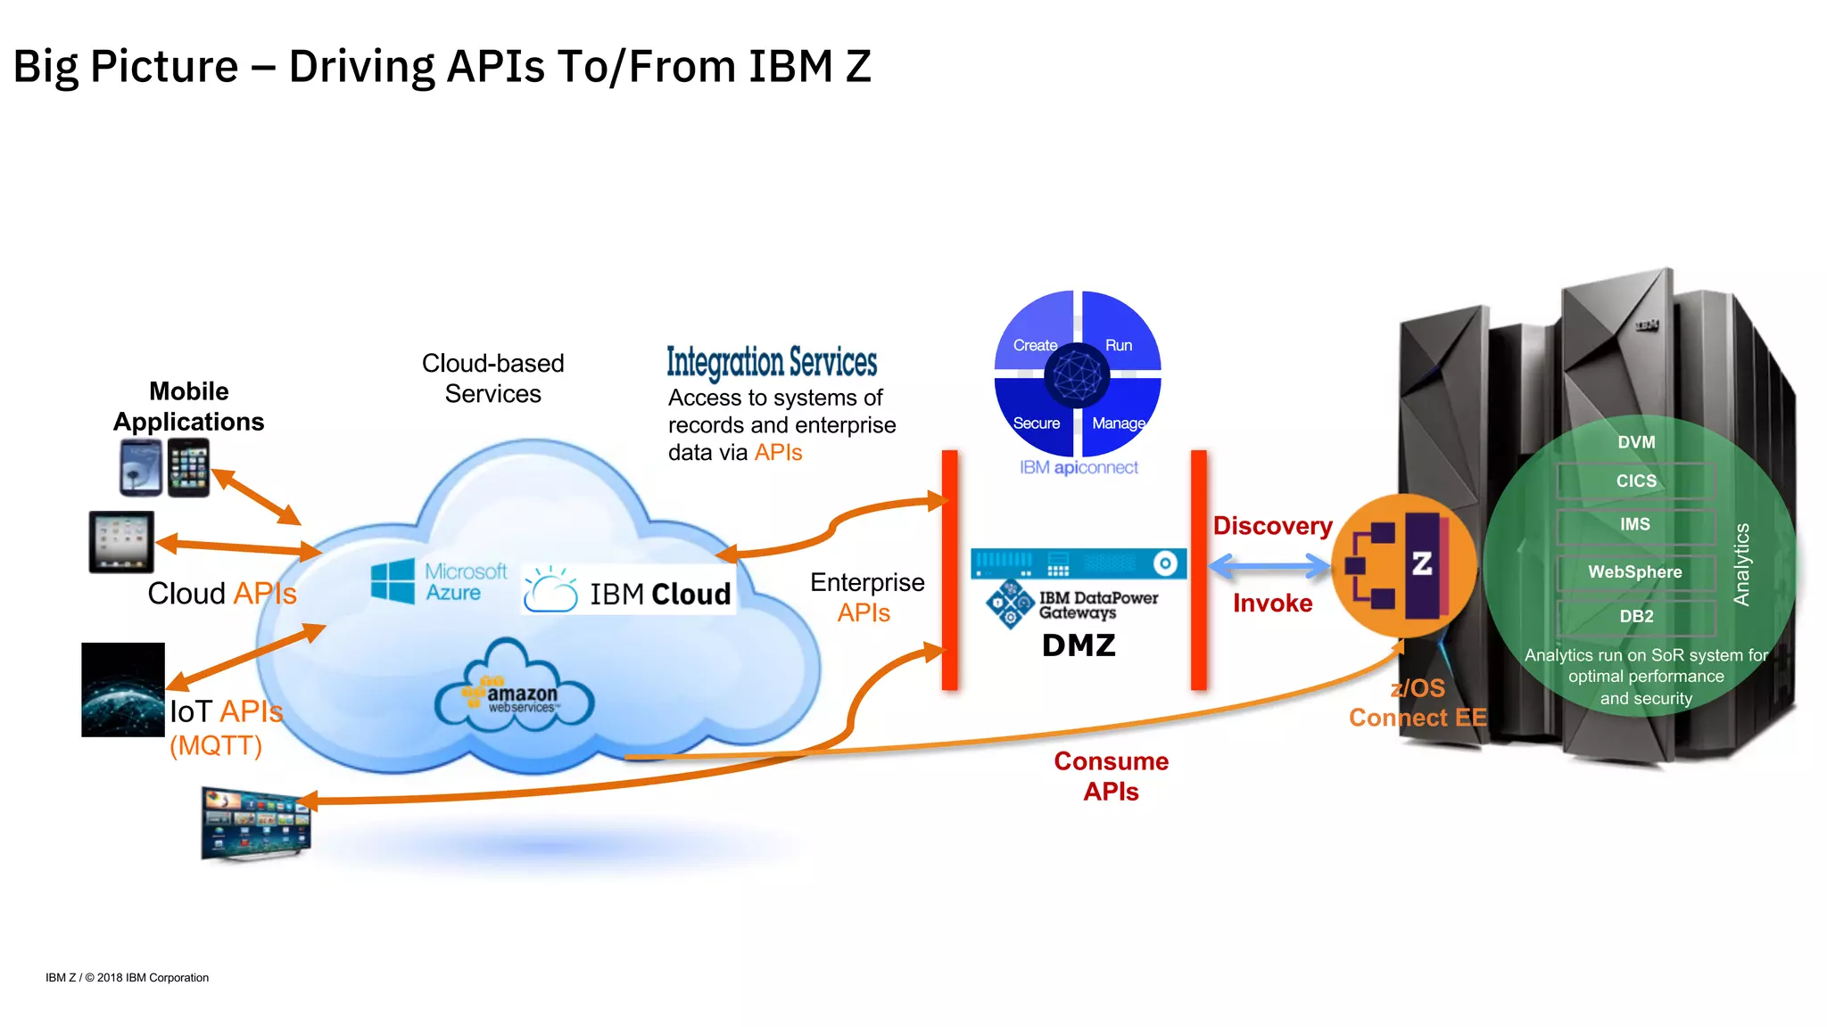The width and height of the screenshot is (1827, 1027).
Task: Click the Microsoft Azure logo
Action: point(438,582)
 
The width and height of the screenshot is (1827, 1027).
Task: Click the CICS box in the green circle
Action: point(1635,481)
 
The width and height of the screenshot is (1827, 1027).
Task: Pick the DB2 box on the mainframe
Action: point(1635,617)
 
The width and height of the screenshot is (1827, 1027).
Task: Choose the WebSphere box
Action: point(1635,572)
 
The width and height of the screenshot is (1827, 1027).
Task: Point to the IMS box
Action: point(1635,525)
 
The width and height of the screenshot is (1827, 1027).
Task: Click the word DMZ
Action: point(1079,645)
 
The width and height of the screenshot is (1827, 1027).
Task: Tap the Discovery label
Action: point(1272,526)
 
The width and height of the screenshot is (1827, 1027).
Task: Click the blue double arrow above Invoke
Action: point(1269,565)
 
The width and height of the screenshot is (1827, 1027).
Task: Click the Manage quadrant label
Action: point(1118,423)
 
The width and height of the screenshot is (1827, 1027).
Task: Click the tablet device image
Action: point(121,542)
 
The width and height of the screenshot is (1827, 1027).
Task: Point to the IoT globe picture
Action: point(123,690)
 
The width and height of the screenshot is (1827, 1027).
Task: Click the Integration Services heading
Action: point(772,363)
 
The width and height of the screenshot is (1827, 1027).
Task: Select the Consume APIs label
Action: point(1111,776)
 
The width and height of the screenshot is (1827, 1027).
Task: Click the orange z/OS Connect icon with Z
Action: point(1402,565)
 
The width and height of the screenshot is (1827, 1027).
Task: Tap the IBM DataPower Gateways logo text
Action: point(1097,605)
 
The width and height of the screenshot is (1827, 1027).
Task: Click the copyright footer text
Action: point(127,978)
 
